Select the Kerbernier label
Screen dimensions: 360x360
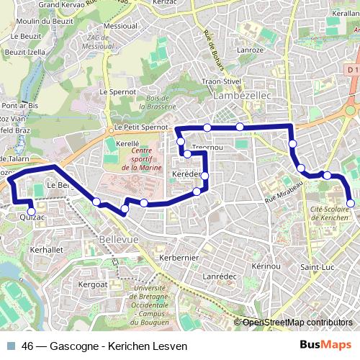click(179, 257)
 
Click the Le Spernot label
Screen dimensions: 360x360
click(117, 92)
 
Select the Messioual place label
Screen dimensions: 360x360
click(120, 25)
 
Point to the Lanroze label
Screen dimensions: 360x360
click(251, 50)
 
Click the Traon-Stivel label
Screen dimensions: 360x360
click(221, 82)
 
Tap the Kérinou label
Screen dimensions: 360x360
click(266, 266)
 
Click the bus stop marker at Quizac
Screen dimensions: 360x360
click(31, 211)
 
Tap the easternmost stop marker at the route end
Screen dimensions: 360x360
click(351, 204)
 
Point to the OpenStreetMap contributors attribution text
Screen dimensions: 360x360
click(297, 323)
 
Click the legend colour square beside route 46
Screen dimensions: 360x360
click(9, 346)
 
